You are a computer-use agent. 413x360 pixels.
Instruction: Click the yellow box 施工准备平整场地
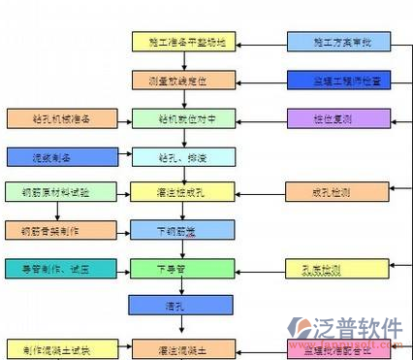pyautogui.click(x=181, y=42)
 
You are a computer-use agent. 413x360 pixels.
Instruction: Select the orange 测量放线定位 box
pyautogui.click(x=181, y=80)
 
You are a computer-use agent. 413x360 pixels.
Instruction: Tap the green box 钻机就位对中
pyautogui.click(x=181, y=118)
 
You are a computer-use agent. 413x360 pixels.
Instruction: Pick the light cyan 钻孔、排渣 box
pyautogui.click(x=181, y=155)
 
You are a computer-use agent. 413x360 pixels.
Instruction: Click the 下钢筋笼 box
pyautogui.click(x=181, y=231)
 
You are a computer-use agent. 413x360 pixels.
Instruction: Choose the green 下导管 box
pyautogui.click(x=181, y=268)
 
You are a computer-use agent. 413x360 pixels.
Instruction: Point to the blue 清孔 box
pyautogui.click(x=181, y=306)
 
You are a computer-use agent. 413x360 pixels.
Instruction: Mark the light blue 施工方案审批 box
pyautogui.click(x=331, y=42)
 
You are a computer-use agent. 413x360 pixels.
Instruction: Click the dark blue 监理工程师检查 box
pyautogui.click(x=331, y=80)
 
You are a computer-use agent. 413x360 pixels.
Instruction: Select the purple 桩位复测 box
pyautogui.click(x=331, y=118)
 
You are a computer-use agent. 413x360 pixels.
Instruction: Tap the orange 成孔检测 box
pyautogui.click(x=331, y=192)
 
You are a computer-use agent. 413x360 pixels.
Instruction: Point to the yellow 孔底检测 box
pyautogui.click(x=331, y=268)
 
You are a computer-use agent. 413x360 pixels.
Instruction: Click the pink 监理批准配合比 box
pyautogui.click(x=331, y=346)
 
